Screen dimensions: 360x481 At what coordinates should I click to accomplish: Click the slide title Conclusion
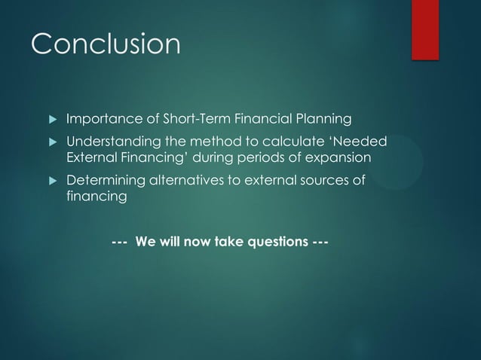click(106, 43)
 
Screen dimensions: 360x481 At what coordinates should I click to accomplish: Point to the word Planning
click(324, 119)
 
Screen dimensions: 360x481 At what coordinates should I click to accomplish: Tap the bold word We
click(145, 243)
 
